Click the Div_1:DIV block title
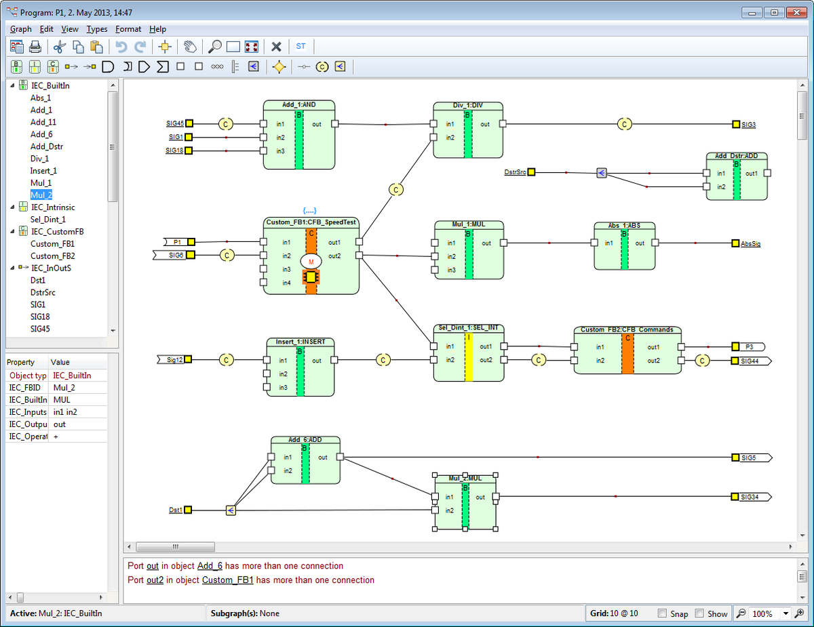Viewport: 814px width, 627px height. (x=467, y=105)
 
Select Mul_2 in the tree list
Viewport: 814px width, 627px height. (x=41, y=195)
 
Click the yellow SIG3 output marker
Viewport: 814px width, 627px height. (x=736, y=124)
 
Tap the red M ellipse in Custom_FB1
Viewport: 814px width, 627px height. (x=311, y=262)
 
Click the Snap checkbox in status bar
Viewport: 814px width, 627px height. (x=662, y=613)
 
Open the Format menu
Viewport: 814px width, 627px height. (x=128, y=29)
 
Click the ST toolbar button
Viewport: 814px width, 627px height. (x=301, y=47)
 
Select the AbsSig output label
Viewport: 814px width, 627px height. (x=750, y=243)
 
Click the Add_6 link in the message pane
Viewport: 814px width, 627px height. (x=210, y=566)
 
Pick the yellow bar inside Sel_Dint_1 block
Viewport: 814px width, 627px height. (x=469, y=356)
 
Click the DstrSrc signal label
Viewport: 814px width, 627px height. (x=515, y=172)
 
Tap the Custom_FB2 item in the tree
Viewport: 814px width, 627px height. (x=52, y=256)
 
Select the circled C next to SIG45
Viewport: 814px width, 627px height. (x=226, y=124)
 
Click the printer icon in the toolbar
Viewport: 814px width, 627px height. (x=35, y=47)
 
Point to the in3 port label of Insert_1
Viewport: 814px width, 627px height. (x=283, y=388)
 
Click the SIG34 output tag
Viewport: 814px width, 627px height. (x=750, y=497)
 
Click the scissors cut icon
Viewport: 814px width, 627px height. (x=58, y=47)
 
